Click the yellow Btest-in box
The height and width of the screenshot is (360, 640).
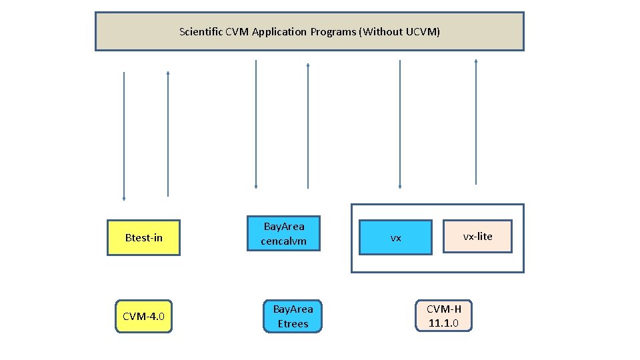[143, 238]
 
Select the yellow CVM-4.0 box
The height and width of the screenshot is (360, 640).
[143, 316]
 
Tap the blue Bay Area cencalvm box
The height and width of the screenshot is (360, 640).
[283, 233]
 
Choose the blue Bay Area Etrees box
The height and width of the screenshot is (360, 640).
[293, 316]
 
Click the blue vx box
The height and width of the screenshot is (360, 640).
[395, 237]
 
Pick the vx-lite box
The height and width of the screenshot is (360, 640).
[477, 236]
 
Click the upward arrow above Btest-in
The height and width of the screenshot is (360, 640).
[168, 133]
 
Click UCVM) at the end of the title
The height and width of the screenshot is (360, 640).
[423, 31]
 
